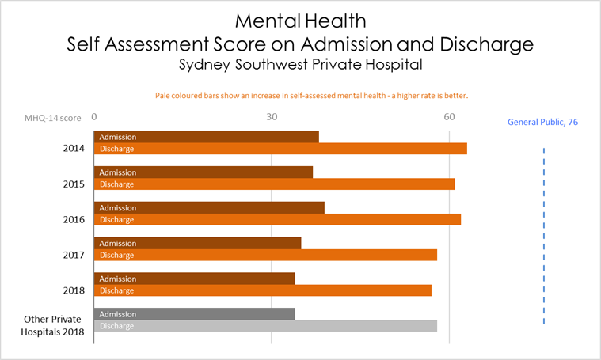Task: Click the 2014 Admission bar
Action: [207, 137]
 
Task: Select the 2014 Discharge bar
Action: [280, 149]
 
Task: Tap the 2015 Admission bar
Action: [204, 172]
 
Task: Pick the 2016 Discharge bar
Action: [277, 220]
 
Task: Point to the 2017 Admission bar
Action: [198, 243]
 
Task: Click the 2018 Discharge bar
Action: [263, 290]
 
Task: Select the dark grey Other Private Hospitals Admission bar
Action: [195, 314]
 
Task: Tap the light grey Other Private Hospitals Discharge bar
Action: [265, 326]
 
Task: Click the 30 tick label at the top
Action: [272, 117]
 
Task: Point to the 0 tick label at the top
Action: [94, 117]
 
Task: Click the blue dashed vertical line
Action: [544, 229]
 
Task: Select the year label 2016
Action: [74, 219]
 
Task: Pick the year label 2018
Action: [74, 290]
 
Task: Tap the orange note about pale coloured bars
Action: [311, 96]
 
